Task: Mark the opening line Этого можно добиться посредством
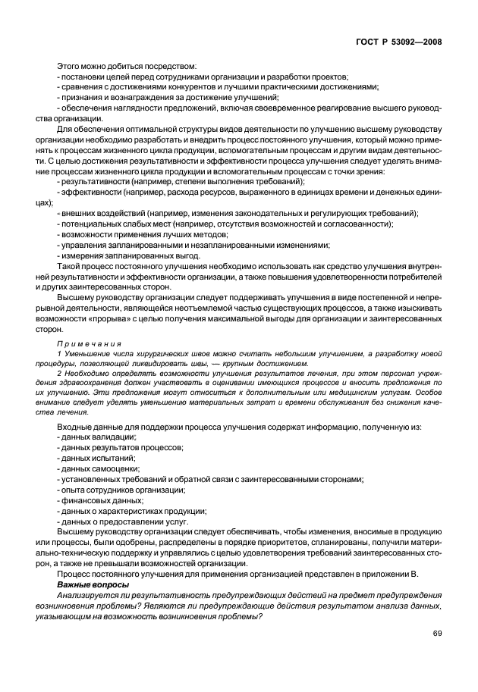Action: click(x=127, y=67)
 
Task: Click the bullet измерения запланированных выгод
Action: click(x=120, y=256)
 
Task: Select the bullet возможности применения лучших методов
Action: click(x=135, y=235)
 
